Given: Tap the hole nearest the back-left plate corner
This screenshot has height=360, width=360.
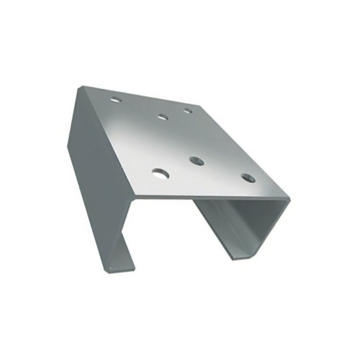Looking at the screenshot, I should [115, 100].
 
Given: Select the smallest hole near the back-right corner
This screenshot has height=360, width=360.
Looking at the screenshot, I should [187, 111].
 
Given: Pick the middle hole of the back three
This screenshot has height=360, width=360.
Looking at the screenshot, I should [162, 117].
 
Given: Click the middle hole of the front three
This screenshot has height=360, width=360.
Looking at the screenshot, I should [196, 161].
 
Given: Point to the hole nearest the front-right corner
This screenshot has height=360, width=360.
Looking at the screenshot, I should [248, 179].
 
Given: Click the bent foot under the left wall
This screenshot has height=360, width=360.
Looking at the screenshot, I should [120, 254].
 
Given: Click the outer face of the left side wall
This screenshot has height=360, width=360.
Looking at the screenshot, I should [98, 182].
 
